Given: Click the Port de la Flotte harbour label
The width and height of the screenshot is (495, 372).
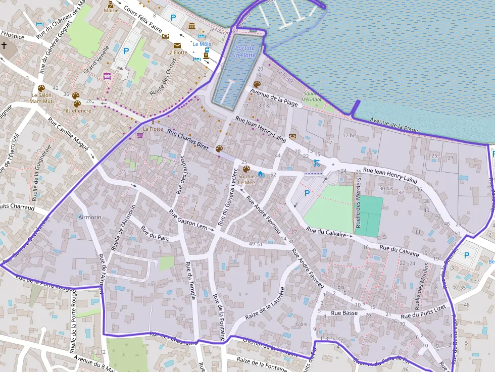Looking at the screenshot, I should pos(245,51).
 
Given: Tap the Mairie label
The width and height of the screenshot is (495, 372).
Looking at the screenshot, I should pos(111,10).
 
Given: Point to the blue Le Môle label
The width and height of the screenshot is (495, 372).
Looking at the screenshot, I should pos(202,44).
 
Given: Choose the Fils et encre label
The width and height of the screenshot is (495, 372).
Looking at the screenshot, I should pos(77,111).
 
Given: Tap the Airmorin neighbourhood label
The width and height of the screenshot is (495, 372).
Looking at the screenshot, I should pos(90,217).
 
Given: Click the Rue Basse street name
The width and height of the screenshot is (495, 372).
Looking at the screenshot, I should pos(344,313).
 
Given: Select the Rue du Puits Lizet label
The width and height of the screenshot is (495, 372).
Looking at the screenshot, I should pos(423,312).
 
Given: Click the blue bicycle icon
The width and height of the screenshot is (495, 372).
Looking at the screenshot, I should pos(316,163).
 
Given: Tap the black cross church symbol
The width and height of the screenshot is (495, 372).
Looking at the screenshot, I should pos(4,45).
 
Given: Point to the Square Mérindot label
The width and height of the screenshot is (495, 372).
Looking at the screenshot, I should pos(312,96).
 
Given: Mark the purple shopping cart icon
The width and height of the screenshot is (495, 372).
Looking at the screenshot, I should pos(139,135).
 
